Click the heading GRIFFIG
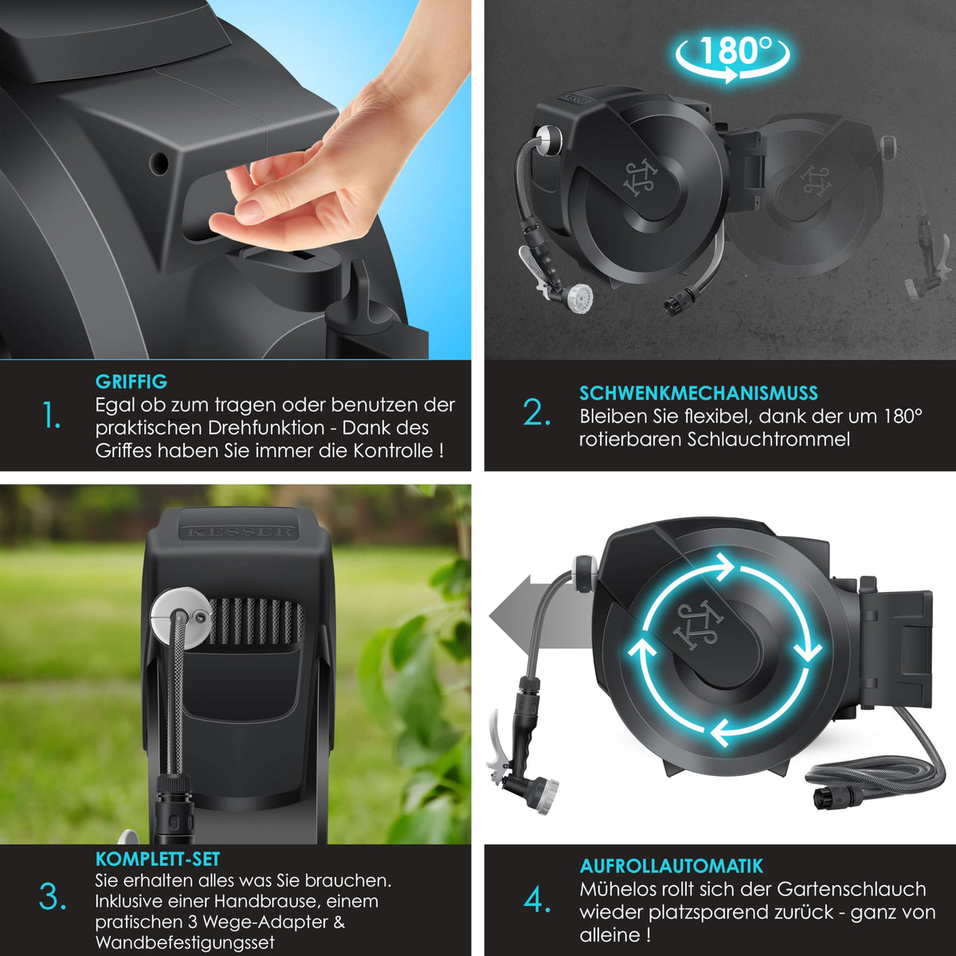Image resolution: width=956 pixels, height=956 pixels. (131, 382)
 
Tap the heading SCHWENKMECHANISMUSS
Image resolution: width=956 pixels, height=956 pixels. (699, 393)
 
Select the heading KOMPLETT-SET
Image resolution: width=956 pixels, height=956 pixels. (158, 859)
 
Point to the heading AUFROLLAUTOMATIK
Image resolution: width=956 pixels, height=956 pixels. (672, 866)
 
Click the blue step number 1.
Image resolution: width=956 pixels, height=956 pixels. (51, 415)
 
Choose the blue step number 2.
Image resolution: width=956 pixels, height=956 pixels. (537, 413)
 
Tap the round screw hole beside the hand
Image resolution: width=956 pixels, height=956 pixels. (159, 164)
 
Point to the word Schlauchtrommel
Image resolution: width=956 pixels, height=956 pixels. (769, 439)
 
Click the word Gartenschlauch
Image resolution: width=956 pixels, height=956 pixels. (852, 889)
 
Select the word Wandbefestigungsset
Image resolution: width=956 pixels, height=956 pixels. (185, 942)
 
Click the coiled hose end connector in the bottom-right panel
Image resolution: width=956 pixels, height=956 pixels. (830, 797)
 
